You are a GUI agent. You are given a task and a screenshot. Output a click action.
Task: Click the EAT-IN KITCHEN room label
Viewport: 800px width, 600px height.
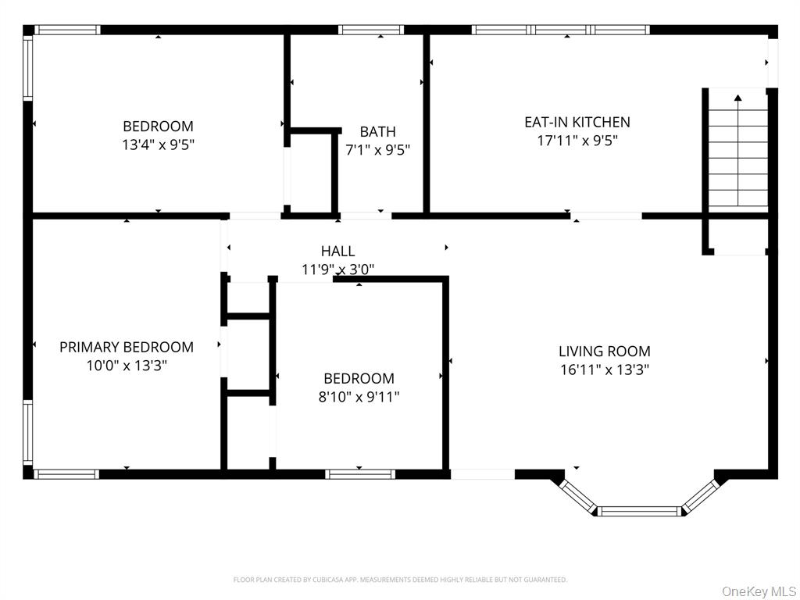[577, 122]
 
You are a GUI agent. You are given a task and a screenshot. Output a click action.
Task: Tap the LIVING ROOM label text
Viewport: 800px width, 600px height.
[604, 352]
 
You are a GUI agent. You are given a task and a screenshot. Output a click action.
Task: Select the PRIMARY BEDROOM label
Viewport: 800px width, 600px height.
[127, 347]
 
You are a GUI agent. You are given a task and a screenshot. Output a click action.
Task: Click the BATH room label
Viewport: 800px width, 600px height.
[377, 132]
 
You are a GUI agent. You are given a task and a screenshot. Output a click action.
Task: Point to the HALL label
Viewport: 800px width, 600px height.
[337, 251]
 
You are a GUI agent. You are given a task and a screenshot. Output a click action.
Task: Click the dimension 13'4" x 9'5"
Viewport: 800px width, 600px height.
[158, 144]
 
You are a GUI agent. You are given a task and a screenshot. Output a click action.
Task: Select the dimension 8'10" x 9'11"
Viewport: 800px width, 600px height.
[359, 397]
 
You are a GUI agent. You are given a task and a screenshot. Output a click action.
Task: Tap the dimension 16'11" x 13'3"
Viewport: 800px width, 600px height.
[604, 370]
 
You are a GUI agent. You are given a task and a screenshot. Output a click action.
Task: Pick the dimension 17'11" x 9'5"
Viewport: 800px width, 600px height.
[577, 141]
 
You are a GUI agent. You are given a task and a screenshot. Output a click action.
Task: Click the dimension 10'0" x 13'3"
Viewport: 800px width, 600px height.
[127, 365]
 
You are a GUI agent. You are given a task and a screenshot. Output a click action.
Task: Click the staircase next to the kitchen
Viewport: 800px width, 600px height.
[737, 156]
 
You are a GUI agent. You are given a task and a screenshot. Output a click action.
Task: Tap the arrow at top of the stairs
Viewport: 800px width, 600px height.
[737, 98]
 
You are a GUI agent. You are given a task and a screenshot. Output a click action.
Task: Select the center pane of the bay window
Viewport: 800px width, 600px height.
[639, 511]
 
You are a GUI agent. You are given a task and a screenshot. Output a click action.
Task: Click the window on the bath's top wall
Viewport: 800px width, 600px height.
[371, 30]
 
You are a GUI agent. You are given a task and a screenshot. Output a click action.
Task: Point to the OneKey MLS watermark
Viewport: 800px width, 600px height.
[757, 591]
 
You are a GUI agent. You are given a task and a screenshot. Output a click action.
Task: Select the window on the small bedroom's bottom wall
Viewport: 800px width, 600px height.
[359, 473]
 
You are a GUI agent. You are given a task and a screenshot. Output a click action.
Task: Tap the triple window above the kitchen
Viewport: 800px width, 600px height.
[561, 30]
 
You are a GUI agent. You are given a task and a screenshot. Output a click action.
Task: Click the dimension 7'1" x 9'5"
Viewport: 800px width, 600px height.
[377, 150]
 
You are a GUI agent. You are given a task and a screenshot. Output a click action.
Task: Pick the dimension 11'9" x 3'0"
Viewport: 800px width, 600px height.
[337, 270]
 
